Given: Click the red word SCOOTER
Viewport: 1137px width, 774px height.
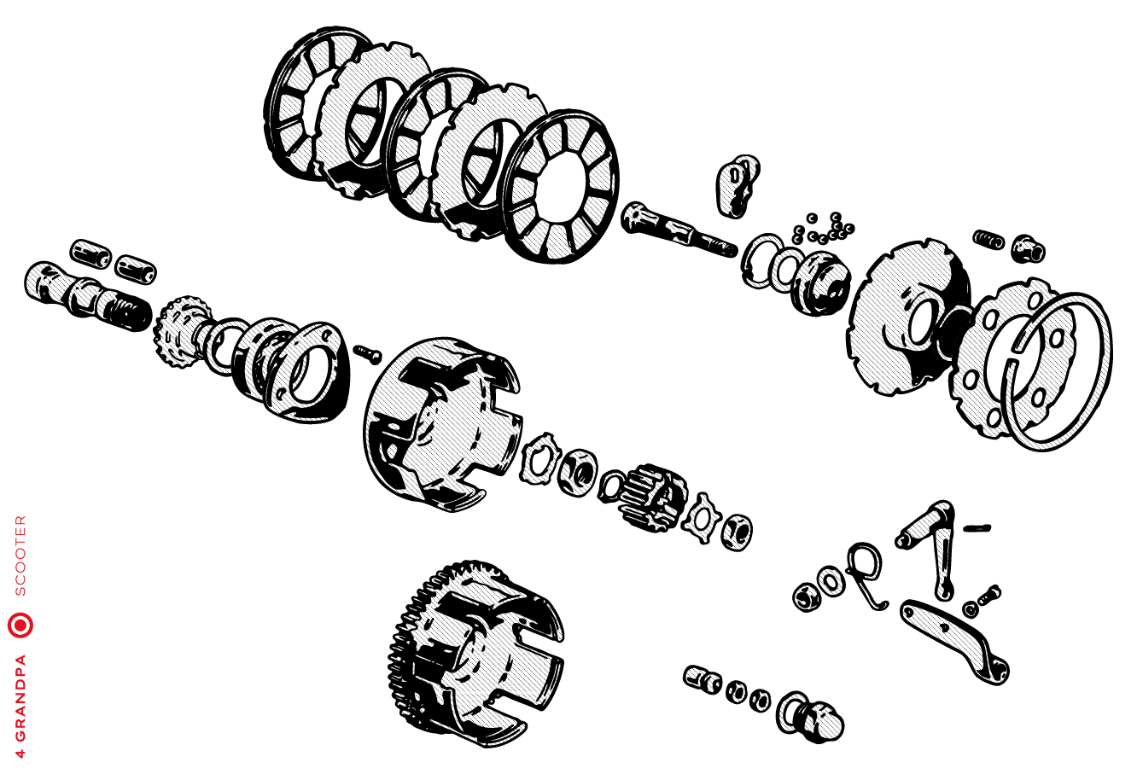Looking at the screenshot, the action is pos(20,556).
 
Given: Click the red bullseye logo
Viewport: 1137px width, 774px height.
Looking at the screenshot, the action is pos(20,626).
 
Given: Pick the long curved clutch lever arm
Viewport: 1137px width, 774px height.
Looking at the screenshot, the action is pos(954,641).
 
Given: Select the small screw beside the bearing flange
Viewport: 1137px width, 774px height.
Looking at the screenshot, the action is pos(368,354).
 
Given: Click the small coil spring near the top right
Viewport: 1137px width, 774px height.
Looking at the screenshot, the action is pos(988,239).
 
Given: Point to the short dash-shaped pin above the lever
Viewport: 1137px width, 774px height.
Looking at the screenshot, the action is pos(977,529).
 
